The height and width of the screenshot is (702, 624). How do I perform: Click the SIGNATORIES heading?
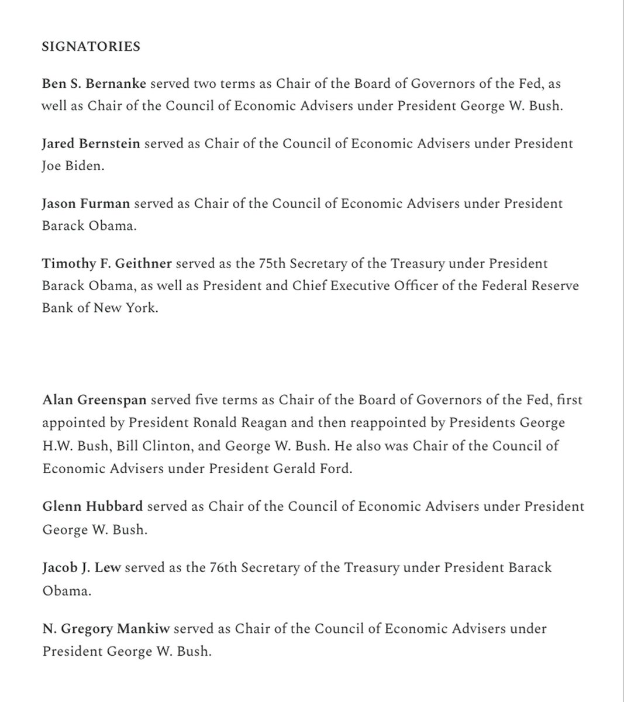(91, 47)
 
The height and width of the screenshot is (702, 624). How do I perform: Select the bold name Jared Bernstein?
(91, 143)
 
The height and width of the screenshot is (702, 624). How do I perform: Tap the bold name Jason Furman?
(86, 204)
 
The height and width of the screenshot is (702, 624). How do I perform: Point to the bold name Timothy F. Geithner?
(106, 263)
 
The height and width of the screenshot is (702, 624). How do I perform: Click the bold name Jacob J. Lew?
(81, 567)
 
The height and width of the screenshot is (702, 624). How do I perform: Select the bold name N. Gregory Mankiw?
(105, 629)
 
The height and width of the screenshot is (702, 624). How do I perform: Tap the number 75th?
(271, 263)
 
